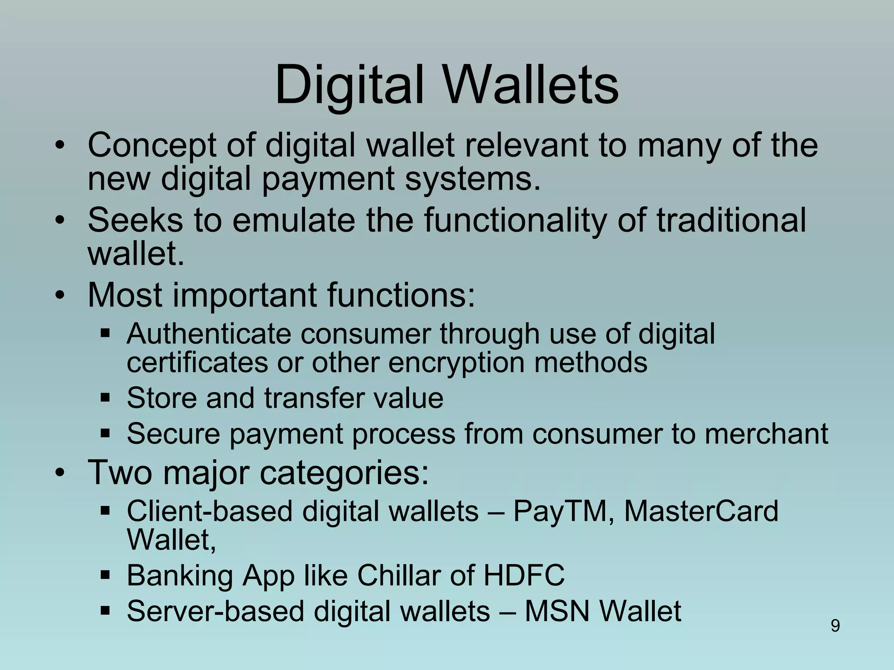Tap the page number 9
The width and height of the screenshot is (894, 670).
coord(835,626)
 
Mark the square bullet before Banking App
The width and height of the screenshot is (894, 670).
coord(105,575)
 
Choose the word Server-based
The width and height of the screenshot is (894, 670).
coord(214,611)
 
